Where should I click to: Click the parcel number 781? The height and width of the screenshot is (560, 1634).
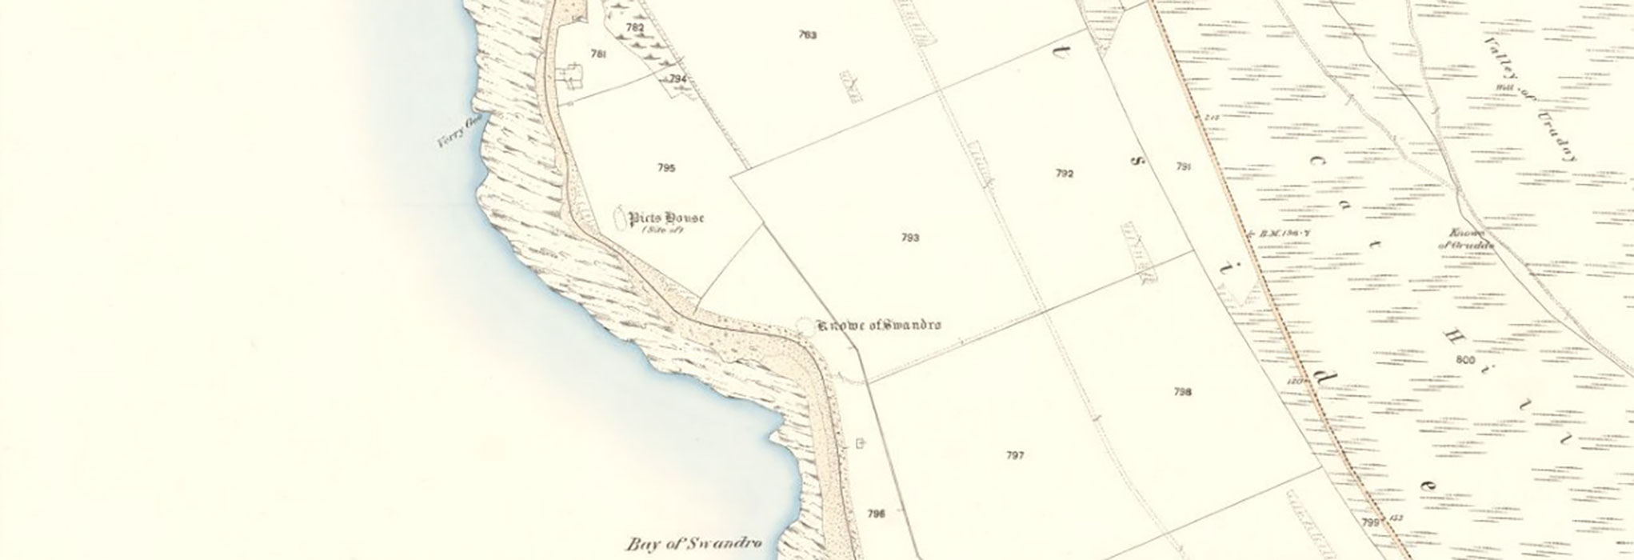(x=597, y=54)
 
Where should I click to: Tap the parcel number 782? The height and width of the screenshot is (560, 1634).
(x=634, y=27)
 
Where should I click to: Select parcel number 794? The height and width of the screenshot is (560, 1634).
(x=678, y=78)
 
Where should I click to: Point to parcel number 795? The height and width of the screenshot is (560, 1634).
(x=666, y=168)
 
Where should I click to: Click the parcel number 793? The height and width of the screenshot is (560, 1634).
(x=910, y=238)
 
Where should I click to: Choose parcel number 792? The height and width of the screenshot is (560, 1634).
(x=1064, y=174)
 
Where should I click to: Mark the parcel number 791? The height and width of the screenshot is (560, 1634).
(x=1184, y=167)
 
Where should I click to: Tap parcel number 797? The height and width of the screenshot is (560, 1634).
(x=1015, y=456)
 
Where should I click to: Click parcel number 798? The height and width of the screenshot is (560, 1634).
(x=1183, y=392)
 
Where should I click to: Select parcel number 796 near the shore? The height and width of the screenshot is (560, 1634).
(x=876, y=514)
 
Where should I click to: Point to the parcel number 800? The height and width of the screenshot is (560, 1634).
(x=1465, y=361)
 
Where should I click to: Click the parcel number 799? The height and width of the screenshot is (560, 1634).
(x=1369, y=522)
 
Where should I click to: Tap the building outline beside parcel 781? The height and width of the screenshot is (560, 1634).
(x=572, y=77)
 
